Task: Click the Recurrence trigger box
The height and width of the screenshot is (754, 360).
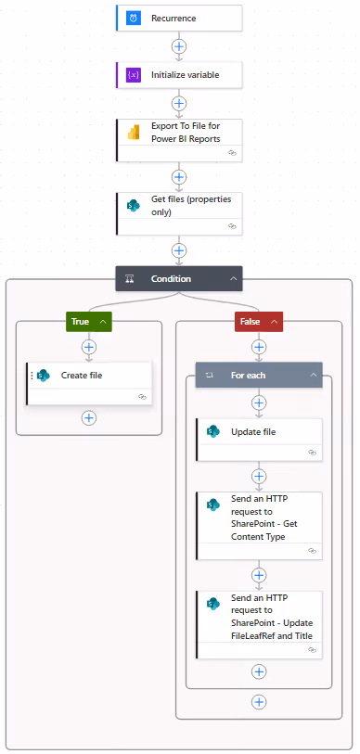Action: pyautogui.click(x=179, y=18)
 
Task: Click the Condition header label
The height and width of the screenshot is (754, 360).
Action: pyautogui.click(x=171, y=278)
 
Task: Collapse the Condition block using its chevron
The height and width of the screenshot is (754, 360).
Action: pyautogui.click(x=233, y=278)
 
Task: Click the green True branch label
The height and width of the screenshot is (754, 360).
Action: pyautogui.click(x=82, y=321)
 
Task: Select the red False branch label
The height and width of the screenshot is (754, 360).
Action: pyautogui.click(x=251, y=321)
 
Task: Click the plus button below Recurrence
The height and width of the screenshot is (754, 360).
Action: pyautogui.click(x=179, y=45)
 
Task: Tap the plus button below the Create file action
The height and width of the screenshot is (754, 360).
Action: pyautogui.click(x=89, y=417)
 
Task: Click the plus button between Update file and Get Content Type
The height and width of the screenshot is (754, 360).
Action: pyautogui.click(x=259, y=475)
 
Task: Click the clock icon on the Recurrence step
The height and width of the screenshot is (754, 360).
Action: pyautogui.click(x=134, y=18)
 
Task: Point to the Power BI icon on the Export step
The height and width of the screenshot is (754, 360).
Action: pyautogui.click(x=134, y=133)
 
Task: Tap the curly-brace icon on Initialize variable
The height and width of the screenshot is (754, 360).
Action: pyautogui.click(x=134, y=75)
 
